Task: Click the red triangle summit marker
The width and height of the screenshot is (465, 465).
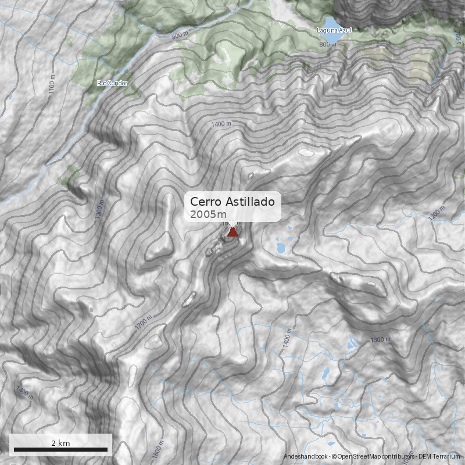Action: (x=233, y=232)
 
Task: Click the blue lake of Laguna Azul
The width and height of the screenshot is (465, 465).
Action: (x=333, y=38)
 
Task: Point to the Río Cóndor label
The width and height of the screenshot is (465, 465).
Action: (x=112, y=83)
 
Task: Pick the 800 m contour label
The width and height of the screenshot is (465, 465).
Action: (x=327, y=45)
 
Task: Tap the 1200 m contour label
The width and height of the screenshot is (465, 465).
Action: (x=437, y=214)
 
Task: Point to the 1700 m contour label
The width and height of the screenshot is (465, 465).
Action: (x=144, y=323)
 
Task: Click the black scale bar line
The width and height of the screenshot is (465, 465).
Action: (x=60, y=449)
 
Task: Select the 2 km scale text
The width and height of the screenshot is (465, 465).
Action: (x=60, y=443)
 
